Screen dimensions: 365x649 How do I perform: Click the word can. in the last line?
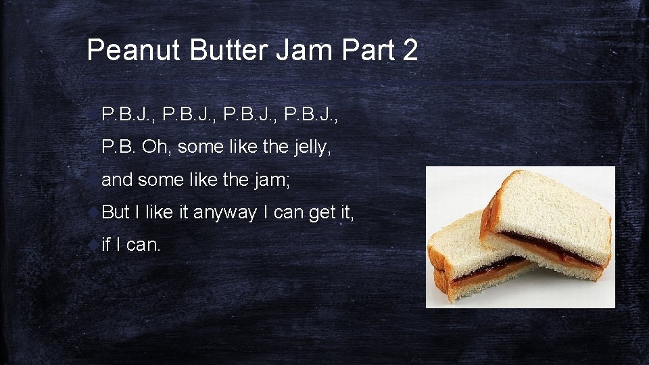point(143,245)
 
